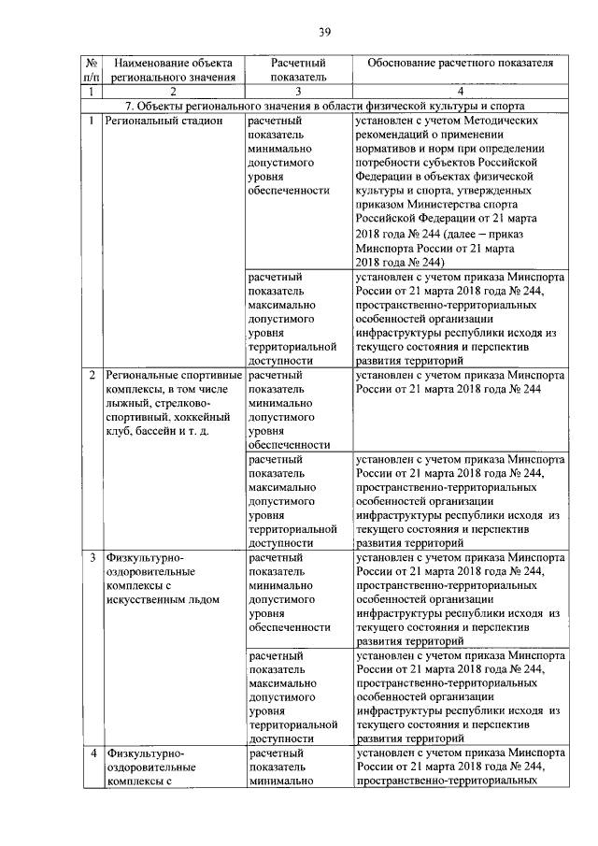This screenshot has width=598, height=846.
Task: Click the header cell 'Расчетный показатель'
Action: [297, 69]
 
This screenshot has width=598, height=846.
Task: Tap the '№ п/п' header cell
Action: [89, 69]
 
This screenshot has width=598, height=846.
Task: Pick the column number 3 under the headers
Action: [297, 93]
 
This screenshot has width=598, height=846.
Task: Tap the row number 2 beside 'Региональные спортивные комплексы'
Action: [91, 375]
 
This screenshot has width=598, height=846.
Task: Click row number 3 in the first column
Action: [91, 558]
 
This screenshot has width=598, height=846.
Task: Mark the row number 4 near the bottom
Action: [91, 753]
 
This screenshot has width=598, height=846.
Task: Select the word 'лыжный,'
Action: [127, 403]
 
